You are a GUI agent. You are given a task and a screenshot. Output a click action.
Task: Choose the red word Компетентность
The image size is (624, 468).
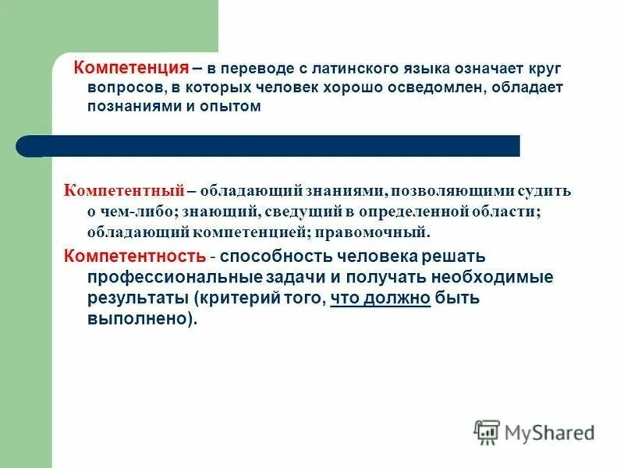134,256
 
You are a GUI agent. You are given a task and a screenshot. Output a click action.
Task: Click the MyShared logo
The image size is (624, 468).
535,432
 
